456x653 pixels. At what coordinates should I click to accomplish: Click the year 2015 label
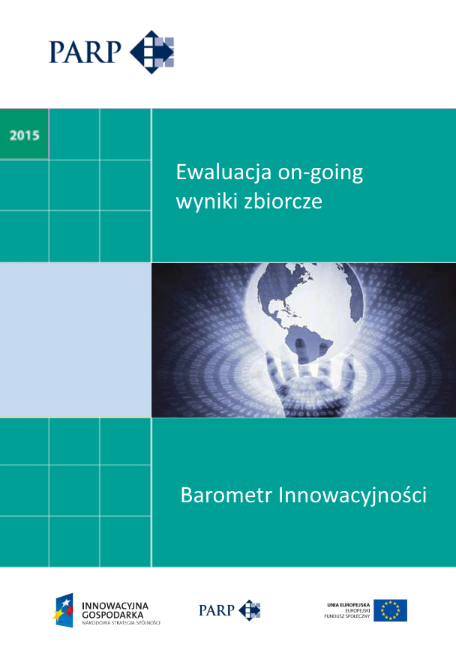pyautogui.click(x=24, y=136)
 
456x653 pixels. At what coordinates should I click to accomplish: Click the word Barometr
pyautogui.click(x=226, y=496)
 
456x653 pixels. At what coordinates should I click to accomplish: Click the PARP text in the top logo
pyautogui.click(x=85, y=52)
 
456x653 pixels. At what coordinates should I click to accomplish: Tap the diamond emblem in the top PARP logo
pyautogui.click(x=151, y=52)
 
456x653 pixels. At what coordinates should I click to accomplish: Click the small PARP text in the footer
pyautogui.click(x=216, y=610)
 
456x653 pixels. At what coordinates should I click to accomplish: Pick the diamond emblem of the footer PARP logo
pyautogui.click(x=250, y=610)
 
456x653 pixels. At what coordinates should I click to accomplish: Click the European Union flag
pyautogui.click(x=390, y=610)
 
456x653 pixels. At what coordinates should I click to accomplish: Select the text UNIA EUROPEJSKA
pyautogui.click(x=348, y=604)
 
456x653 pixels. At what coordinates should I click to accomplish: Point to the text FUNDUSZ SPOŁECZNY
pyautogui.click(x=349, y=616)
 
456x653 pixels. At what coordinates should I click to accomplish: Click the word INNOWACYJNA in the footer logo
pyautogui.click(x=115, y=604)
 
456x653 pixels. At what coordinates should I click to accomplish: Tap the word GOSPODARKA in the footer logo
pyautogui.click(x=112, y=613)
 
